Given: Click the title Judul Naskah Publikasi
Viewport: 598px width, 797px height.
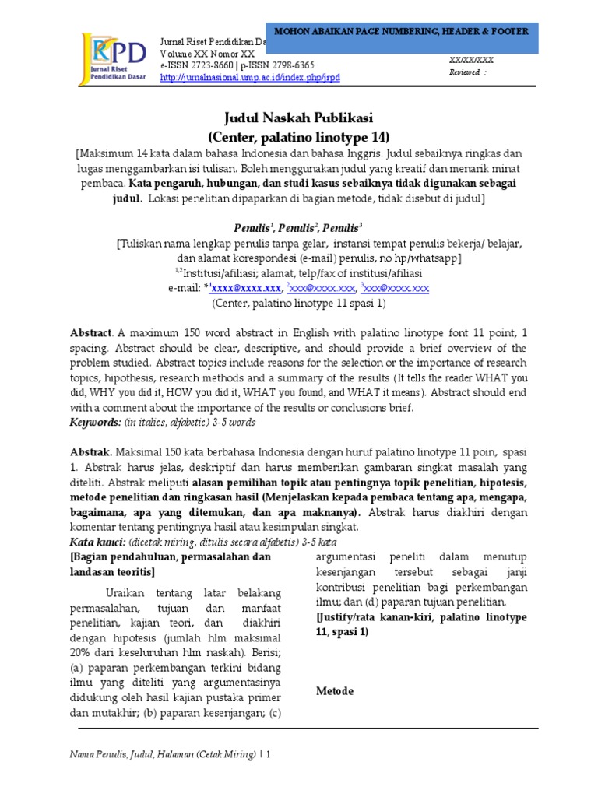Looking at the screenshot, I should pos(299,118).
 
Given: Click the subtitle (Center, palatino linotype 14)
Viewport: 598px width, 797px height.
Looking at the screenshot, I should pos(299,137).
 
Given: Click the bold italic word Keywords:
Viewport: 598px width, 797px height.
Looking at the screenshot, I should pos(93,422).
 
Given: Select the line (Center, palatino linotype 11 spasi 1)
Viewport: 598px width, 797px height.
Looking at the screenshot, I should pos(299,303).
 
